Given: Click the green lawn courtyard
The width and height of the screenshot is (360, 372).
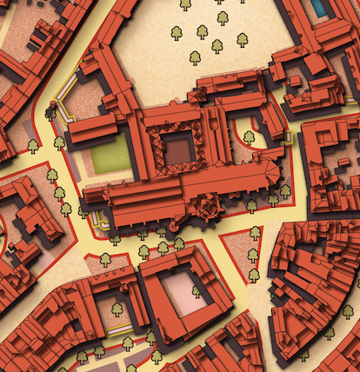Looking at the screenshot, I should click(x=110, y=155).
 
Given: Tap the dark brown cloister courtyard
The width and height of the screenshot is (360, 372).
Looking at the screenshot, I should click(x=179, y=149).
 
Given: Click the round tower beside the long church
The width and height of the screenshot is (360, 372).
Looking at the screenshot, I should click(x=207, y=207).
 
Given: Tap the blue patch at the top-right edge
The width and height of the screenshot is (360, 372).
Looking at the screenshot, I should click(x=320, y=7).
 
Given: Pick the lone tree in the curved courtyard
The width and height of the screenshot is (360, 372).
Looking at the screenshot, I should click(x=249, y=136).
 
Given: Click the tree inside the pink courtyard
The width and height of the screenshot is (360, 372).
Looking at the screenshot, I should click(x=197, y=292).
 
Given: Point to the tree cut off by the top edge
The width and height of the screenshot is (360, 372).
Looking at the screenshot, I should click(x=185, y=4).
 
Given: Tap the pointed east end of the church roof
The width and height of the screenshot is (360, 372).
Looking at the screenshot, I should click(x=277, y=173).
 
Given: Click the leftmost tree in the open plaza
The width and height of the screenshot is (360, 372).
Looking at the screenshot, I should click(x=177, y=33).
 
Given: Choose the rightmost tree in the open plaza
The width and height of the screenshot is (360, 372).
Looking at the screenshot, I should click(x=242, y=39).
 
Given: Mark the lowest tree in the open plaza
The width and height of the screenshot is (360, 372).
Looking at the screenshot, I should click(x=195, y=57).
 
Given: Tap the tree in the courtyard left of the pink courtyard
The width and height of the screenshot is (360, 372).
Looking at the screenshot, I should click(x=117, y=308).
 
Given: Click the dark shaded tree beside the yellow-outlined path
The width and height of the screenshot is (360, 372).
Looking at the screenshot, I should click(x=50, y=111).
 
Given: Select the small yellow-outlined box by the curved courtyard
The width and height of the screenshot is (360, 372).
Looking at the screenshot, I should click(x=287, y=136).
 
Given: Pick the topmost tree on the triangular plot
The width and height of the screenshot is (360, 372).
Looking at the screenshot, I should click(x=255, y=233).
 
